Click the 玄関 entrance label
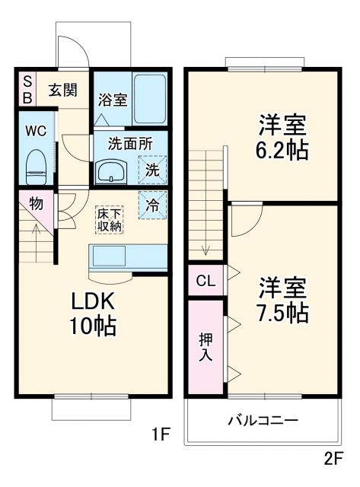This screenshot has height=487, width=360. pos(64,90)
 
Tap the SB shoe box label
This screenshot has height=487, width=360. pos(27,89)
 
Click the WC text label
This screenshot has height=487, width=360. pos(36,130)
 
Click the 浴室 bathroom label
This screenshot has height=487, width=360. pos(111,99)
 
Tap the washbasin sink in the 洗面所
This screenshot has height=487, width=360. pos(113,171)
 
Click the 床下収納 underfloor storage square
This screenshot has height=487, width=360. pos(109,219)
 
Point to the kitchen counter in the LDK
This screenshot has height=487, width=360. pos(128,256)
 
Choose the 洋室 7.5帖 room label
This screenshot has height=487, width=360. pos(282,300)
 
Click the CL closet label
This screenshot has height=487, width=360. pos(205,281)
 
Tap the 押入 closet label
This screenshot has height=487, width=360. pos(205,346)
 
